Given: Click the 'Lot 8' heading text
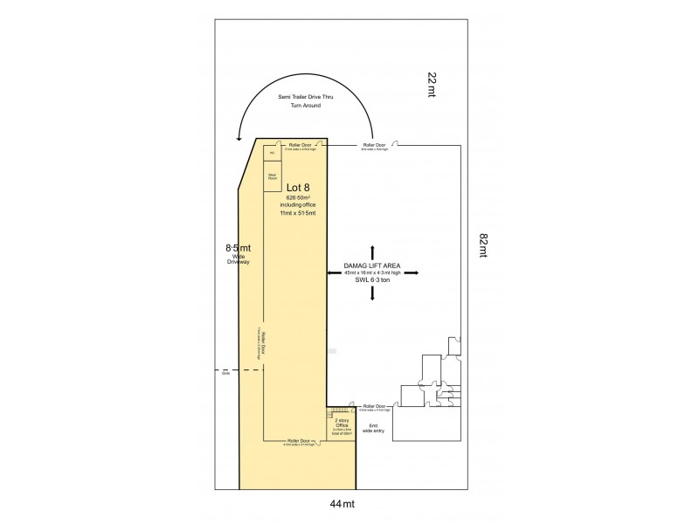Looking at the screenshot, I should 299,186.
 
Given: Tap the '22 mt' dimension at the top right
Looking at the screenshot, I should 432,86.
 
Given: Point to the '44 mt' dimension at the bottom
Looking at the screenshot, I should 343,504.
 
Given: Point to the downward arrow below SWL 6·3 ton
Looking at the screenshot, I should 373,294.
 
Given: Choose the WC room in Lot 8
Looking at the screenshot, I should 273,154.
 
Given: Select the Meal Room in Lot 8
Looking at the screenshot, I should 273,177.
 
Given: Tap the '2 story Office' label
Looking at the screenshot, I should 342,424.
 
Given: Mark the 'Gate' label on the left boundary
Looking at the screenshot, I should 225,373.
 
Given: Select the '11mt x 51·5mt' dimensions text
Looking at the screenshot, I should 299,214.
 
